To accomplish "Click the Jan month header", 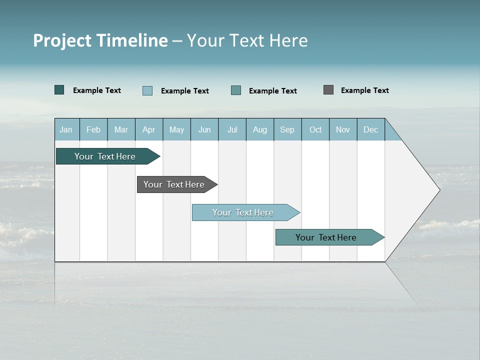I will [x=66, y=129].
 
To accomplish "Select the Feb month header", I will [x=93, y=129].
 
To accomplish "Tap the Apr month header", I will [x=148, y=129].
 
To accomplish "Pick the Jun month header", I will [x=204, y=129].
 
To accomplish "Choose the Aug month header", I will [x=259, y=129].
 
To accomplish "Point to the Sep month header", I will [x=287, y=129].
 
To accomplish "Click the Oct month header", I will [x=315, y=129].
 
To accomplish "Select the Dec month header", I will [x=370, y=129].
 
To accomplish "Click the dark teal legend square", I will [x=59, y=90].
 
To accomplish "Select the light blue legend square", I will [x=147, y=90].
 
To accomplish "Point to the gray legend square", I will [x=328, y=90].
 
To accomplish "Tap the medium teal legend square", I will [x=236, y=90].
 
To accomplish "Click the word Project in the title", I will [x=62, y=40].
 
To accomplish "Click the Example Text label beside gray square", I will [x=364, y=90].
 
